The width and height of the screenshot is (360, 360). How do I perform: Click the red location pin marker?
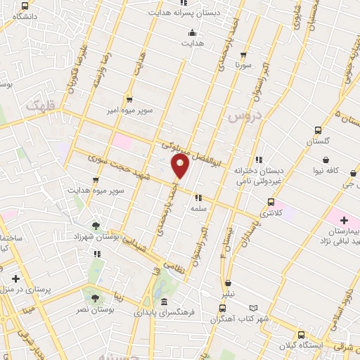pyautogui.click(x=180, y=167)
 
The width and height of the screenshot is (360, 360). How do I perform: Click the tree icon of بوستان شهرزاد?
pyautogui.click(x=95, y=226)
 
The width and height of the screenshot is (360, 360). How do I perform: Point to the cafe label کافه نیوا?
pyautogui.click(x=340, y=171)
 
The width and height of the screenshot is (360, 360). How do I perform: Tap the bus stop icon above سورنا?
pyautogui.click(x=243, y=54)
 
